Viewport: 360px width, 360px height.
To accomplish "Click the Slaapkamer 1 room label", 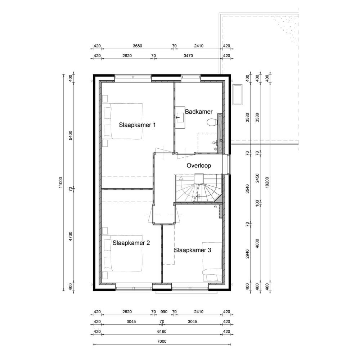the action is (137, 125).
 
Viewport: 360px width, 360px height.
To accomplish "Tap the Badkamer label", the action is (199, 112).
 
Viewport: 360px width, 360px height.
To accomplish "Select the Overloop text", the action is (199, 166).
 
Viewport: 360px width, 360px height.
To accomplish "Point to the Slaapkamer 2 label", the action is (131, 243).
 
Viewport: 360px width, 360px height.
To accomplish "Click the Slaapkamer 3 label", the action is (192, 250).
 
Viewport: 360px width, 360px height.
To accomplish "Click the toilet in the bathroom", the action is (212, 122).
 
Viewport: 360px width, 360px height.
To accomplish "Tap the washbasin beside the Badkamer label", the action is (180, 117).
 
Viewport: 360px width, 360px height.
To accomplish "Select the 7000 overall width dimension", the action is (162, 341).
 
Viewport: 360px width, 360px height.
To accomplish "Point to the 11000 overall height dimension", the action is (60, 183).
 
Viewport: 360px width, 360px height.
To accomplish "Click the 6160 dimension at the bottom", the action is (162, 331).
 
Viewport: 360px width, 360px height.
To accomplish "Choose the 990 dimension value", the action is (164, 312).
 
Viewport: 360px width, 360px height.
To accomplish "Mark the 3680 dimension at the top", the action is (137, 46).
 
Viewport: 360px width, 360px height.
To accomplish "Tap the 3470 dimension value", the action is (188, 55).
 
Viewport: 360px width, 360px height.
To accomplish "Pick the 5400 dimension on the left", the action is (71, 135).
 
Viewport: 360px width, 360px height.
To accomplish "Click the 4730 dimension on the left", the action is (71, 236).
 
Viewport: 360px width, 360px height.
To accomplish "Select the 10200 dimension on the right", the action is (267, 183).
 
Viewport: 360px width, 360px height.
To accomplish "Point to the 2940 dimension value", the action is (247, 254).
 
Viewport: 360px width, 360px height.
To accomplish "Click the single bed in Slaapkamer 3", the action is (212, 262).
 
